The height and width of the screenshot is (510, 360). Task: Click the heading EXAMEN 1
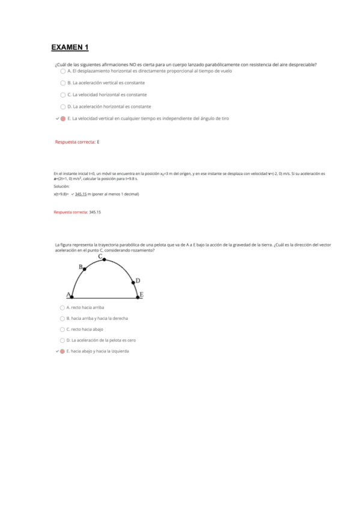[x=70, y=48]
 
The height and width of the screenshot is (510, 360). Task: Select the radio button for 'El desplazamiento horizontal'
[x=63, y=71]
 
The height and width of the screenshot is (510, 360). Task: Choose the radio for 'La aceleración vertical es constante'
[x=63, y=83]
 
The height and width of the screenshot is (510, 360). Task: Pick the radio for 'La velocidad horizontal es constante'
[x=63, y=94]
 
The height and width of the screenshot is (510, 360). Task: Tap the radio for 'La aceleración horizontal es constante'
[x=63, y=106]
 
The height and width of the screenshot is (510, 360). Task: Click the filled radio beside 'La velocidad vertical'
[x=63, y=118]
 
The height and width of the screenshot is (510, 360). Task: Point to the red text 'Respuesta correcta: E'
[x=77, y=142]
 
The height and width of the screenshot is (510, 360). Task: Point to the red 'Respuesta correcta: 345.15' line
[x=78, y=212]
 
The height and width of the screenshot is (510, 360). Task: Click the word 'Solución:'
[x=61, y=186]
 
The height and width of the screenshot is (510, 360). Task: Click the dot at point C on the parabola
[x=105, y=259]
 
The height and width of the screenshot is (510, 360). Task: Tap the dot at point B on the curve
[x=84, y=269]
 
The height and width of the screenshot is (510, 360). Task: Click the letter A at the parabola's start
[x=69, y=295]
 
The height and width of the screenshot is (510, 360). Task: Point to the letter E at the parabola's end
[x=141, y=294]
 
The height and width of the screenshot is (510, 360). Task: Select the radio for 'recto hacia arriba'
[x=62, y=307]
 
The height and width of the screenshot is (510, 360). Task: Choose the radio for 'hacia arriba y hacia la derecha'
[x=62, y=318]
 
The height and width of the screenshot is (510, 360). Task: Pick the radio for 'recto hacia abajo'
[x=62, y=330]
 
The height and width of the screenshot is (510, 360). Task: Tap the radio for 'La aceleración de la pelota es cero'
[x=62, y=340]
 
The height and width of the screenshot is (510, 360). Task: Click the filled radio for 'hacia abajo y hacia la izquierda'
[x=62, y=351]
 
